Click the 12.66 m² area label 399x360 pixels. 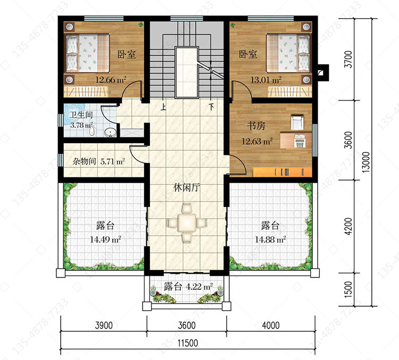point(111,80)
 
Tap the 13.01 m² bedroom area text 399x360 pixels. point(266,80)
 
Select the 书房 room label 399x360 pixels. point(256,126)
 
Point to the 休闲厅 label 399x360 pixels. point(187,188)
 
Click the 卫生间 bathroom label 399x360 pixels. point(81,115)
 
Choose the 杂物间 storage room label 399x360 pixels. point(84,161)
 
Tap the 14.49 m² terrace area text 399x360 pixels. point(105,240)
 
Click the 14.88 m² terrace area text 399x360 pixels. point(270,240)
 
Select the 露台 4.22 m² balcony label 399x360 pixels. point(188,287)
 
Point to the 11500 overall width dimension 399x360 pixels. point(188,343)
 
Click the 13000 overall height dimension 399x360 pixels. point(365,162)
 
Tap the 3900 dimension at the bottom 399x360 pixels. point(104,325)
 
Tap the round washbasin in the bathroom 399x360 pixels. point(110,132)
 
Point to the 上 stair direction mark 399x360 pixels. point(163,107)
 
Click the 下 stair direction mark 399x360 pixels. point(211,107)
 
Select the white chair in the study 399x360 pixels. point(297,122)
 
